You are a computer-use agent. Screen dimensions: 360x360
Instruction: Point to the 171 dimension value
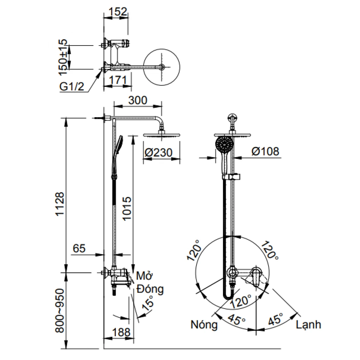118,80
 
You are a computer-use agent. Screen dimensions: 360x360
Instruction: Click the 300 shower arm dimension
138,100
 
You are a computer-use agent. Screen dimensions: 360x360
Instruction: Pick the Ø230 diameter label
159,153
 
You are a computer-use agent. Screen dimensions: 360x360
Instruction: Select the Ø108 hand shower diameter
265,151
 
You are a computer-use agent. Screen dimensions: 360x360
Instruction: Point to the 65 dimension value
79,248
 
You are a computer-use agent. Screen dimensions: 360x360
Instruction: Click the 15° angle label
148,303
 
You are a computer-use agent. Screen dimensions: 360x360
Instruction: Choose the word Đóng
150,290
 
